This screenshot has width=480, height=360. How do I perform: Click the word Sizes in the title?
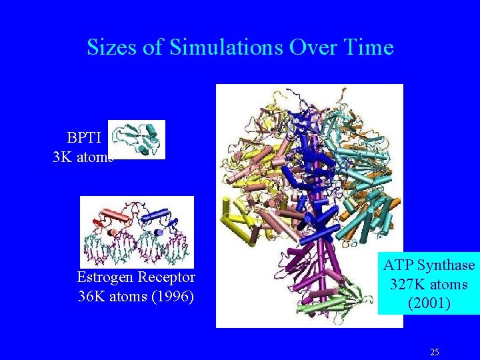[x=111, y=47]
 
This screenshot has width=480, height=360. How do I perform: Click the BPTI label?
[x=84, y=138]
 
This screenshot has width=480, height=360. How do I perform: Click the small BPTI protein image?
[x=137, y=139]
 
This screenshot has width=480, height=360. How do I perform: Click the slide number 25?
[x=435, y=351]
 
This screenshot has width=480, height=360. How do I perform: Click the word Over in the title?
[x=309, y=47]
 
